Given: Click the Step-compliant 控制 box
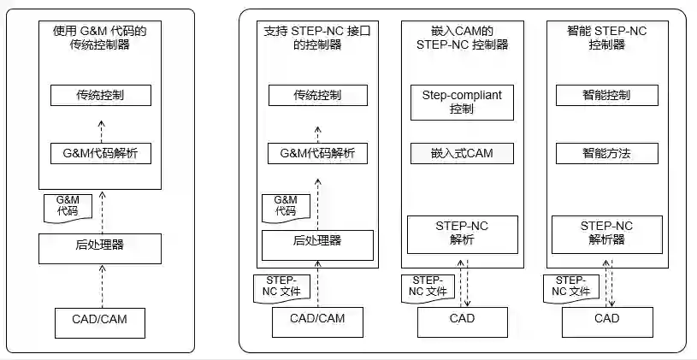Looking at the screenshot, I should pos(461,100).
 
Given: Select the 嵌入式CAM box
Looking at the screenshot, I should pos(461,153).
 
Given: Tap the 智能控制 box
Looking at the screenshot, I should pos(606,94).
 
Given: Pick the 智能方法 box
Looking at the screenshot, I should pos(606,153).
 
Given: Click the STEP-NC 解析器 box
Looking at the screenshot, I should pos(606,233).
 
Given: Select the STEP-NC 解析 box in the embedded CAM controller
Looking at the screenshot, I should pos(461,233).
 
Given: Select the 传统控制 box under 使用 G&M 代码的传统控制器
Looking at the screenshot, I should pos(100,95).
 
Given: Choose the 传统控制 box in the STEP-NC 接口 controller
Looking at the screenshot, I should pos(316,95).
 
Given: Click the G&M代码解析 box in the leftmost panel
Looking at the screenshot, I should pos(100,154).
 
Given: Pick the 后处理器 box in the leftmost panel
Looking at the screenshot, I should pos(100,246).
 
